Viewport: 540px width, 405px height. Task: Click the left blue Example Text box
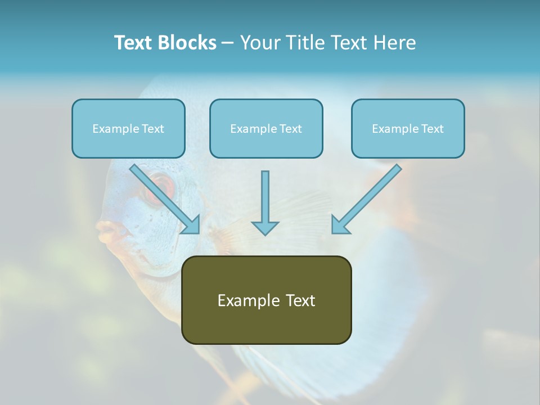(128, 129)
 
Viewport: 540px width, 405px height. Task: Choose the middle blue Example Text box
(266, 129)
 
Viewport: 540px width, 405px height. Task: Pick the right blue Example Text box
(408, 129)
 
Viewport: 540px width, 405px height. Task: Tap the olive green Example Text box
(266, 300)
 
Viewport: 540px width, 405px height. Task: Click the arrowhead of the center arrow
(265, 227)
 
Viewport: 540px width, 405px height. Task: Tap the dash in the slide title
(228, 43)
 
